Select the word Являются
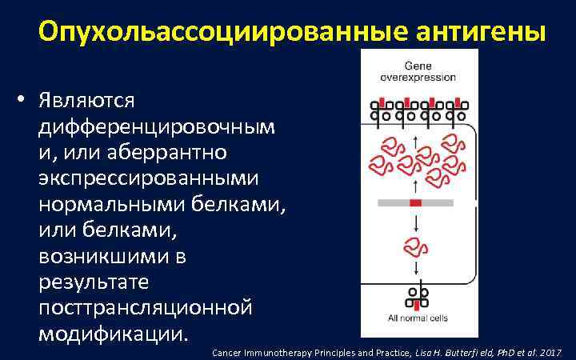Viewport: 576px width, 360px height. point(86,101)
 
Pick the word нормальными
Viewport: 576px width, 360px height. point(113,203)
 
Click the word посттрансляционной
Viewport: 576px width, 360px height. point(145,306)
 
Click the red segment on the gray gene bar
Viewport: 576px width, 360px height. point(415,203)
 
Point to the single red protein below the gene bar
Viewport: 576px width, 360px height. point(415,246)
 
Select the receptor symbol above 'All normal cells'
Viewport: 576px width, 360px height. point(415,296)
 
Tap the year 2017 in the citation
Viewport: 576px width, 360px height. point(551,352)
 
